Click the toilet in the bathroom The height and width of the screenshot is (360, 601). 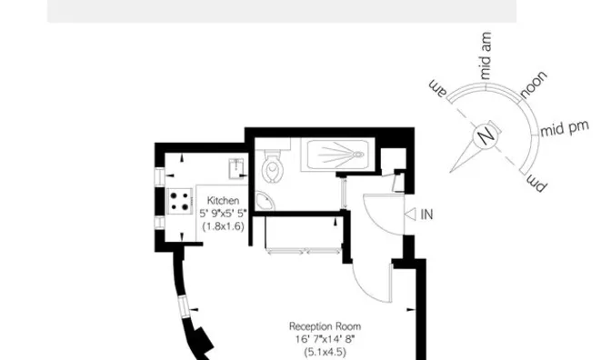click(274, 166)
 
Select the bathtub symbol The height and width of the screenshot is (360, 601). click(336, 156)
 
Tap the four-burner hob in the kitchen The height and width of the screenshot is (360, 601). click(179, 199)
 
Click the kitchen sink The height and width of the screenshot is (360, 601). click(235, 165)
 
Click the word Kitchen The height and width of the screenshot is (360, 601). click(223, 200)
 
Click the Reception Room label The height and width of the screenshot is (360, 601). click(325, 326)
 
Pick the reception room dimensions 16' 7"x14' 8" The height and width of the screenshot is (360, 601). click(325, 338)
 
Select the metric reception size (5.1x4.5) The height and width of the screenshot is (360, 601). click(325, 351)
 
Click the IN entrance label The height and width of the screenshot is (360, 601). click(427, 215)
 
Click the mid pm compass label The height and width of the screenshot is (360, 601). click(565, 131)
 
